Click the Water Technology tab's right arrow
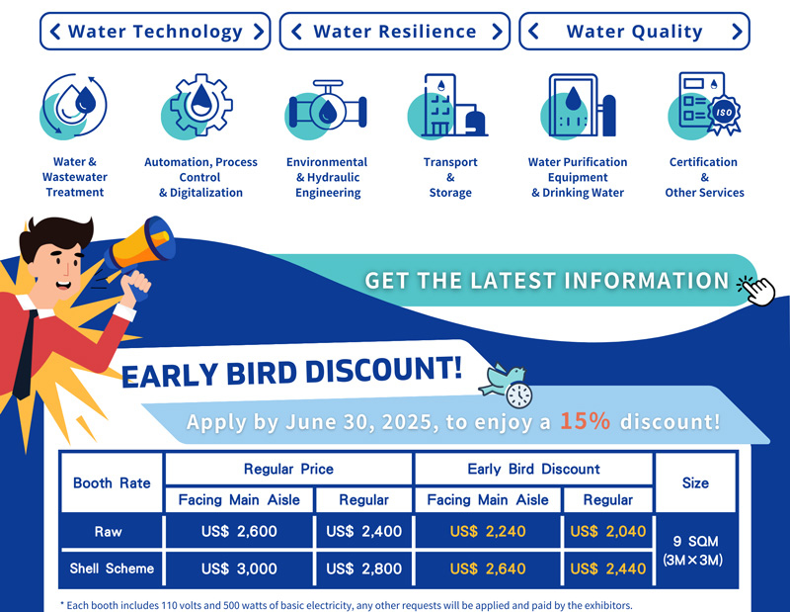259,32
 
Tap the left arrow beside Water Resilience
296,32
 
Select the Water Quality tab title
634,32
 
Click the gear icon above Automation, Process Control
201,105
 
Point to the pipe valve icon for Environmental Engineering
328,108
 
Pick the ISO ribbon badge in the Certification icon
724,114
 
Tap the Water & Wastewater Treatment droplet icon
75,106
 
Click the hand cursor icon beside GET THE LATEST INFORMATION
758,290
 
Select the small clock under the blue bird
519,395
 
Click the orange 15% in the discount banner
585,420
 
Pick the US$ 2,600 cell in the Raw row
239,531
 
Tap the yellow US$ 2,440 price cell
607,568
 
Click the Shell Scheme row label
112,568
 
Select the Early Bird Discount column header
533,470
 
